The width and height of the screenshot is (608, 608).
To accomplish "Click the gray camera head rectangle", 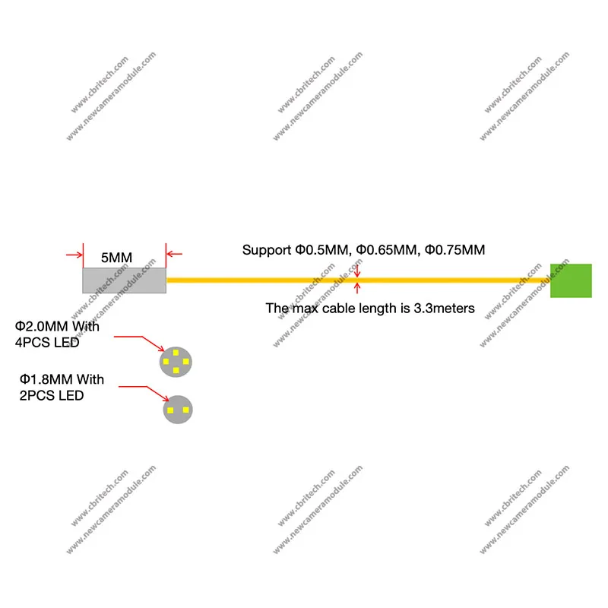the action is pyautogui.click(x=124, y=280).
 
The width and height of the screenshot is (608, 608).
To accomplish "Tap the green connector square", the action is pyautogui.click(x=571, y=280).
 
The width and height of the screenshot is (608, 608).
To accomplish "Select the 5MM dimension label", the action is pyautogui.click(x=116, y=258).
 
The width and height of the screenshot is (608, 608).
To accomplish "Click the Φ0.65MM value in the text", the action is pyautogui.click(x=387, y=249).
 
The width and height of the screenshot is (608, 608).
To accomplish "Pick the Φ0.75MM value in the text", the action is pyautogui.click(x=454, y=249).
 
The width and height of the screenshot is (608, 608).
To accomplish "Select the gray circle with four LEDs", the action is pyautogui.click(x=176, y=362).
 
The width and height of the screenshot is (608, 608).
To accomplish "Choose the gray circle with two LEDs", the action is pyautogui.click(x=179, y=410).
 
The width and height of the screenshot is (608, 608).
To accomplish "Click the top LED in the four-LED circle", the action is pyautogui.click(x=176, y=353).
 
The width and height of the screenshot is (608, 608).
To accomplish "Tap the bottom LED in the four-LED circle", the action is pyautogui.click(x=176, y=371).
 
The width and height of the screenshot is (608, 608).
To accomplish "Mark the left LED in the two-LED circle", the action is pyautogui.click(x=171, y=410).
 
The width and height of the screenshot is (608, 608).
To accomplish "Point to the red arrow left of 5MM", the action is pyautogui.click(x=74, y=255).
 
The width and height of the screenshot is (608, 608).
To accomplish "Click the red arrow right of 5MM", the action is pyautogui.click(x=174, y=255).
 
